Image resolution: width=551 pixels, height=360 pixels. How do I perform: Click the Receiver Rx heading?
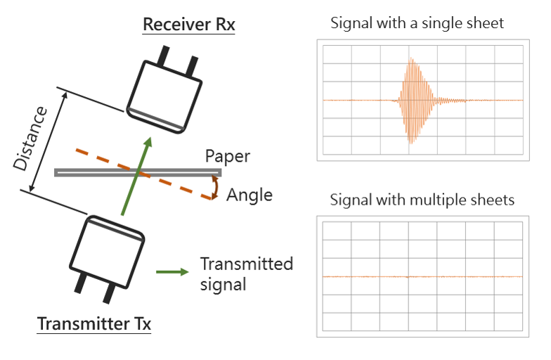188,24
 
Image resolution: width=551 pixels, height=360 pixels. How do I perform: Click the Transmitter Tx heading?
94,323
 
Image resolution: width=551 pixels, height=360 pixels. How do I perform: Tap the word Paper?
228,156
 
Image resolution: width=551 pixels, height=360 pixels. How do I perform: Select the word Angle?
249,195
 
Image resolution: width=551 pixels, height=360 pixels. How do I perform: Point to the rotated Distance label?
30,139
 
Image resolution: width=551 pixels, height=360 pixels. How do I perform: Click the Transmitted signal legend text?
246,274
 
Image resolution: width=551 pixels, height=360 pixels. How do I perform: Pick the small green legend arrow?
172,271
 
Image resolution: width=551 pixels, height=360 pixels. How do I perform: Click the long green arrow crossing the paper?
136,176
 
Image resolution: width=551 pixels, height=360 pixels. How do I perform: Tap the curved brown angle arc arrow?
215,188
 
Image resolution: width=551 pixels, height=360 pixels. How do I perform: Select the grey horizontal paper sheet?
138,172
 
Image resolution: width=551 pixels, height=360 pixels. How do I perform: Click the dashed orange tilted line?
143,174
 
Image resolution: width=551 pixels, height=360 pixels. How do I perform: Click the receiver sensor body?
164,97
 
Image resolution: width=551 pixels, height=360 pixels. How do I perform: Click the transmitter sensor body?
107,252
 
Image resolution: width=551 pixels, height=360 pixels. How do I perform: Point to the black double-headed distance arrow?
48,142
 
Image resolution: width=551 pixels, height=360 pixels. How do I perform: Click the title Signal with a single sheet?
417,23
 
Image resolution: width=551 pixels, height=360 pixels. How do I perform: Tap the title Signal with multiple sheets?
422,200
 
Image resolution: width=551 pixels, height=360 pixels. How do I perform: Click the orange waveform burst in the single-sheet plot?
415,101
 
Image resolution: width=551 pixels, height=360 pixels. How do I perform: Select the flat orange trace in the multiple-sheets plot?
422,277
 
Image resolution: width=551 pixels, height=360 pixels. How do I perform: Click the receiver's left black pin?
163,56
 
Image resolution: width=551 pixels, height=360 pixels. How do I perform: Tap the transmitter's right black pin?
109,294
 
